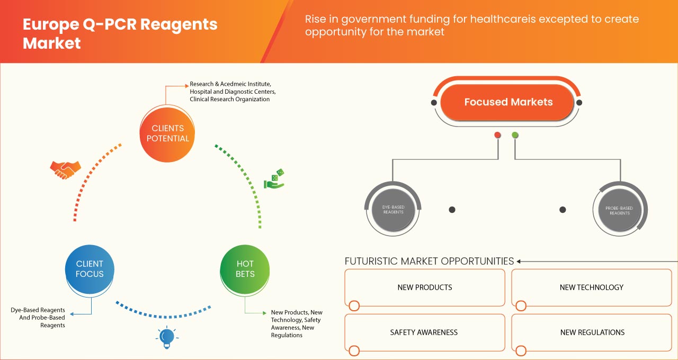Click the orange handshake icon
[65, 169]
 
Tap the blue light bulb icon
[167, 337]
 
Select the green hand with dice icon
[274, 179]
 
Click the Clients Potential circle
[167, 133]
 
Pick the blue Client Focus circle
[90, 269]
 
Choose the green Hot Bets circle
[245, 269]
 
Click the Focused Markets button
[508, 102]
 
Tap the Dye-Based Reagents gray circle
[393, 210]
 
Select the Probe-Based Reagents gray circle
[619, 210]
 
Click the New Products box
[425, 287]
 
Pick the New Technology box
[591, 287]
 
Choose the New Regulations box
[592, 332]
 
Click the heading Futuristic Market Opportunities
[429, 261]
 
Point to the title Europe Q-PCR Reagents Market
[120, 33]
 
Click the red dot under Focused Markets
[497, 135]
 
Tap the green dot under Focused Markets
[515, 135]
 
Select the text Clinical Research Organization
[229, 99]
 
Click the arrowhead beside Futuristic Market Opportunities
[519, 261]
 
